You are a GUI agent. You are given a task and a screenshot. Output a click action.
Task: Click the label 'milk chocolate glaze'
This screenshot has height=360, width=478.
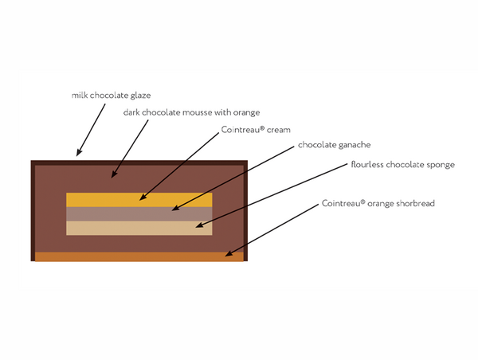coord(110,95)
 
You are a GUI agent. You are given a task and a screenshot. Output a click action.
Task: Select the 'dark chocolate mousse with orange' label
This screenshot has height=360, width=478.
coord(191,112)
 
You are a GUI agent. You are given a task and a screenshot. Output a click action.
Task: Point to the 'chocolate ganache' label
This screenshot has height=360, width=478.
coord(334,146)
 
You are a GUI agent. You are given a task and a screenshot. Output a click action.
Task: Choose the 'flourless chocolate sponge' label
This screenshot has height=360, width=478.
coord(402,165)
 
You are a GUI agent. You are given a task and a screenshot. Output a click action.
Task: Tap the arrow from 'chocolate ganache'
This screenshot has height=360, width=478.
coord(231,180)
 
